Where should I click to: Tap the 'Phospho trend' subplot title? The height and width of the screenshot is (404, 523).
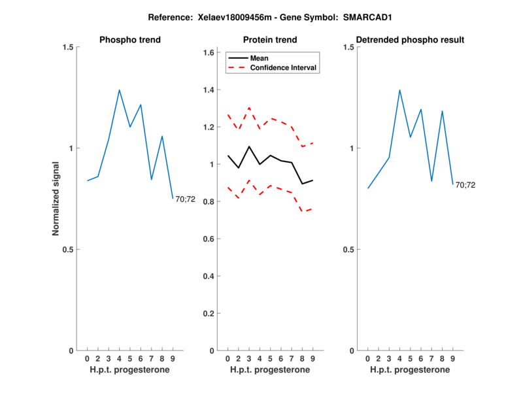tap(129, 40)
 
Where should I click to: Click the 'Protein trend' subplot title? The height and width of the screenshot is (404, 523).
tap(269, 40)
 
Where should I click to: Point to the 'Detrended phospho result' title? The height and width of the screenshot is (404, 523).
tap(409, 40)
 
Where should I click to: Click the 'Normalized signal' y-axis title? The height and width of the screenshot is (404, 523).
tap(56, 199)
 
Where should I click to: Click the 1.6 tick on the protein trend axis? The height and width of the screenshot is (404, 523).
tap(209, 53)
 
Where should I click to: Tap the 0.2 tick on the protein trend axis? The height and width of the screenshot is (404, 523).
tap(209, 314)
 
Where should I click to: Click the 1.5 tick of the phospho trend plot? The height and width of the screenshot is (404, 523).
tap(68, 47)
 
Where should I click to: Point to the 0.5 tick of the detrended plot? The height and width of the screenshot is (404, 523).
tap(348, 250)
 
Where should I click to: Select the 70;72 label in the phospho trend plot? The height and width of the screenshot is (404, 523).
tap(185, 199)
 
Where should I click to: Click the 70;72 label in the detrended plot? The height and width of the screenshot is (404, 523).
tap(465, 185)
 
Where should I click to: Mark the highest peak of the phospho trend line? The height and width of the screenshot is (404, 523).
tap(120, 90)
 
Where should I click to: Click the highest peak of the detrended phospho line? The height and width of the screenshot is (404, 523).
tap(399, 90)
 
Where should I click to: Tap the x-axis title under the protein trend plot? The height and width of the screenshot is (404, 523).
tap(269, 370)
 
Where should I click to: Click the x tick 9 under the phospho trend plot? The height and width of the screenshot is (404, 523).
tap(173, 358)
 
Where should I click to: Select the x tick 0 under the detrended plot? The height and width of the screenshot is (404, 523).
tap(367, 358)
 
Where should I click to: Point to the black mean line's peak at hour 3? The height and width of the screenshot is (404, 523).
tap(249, 146)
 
